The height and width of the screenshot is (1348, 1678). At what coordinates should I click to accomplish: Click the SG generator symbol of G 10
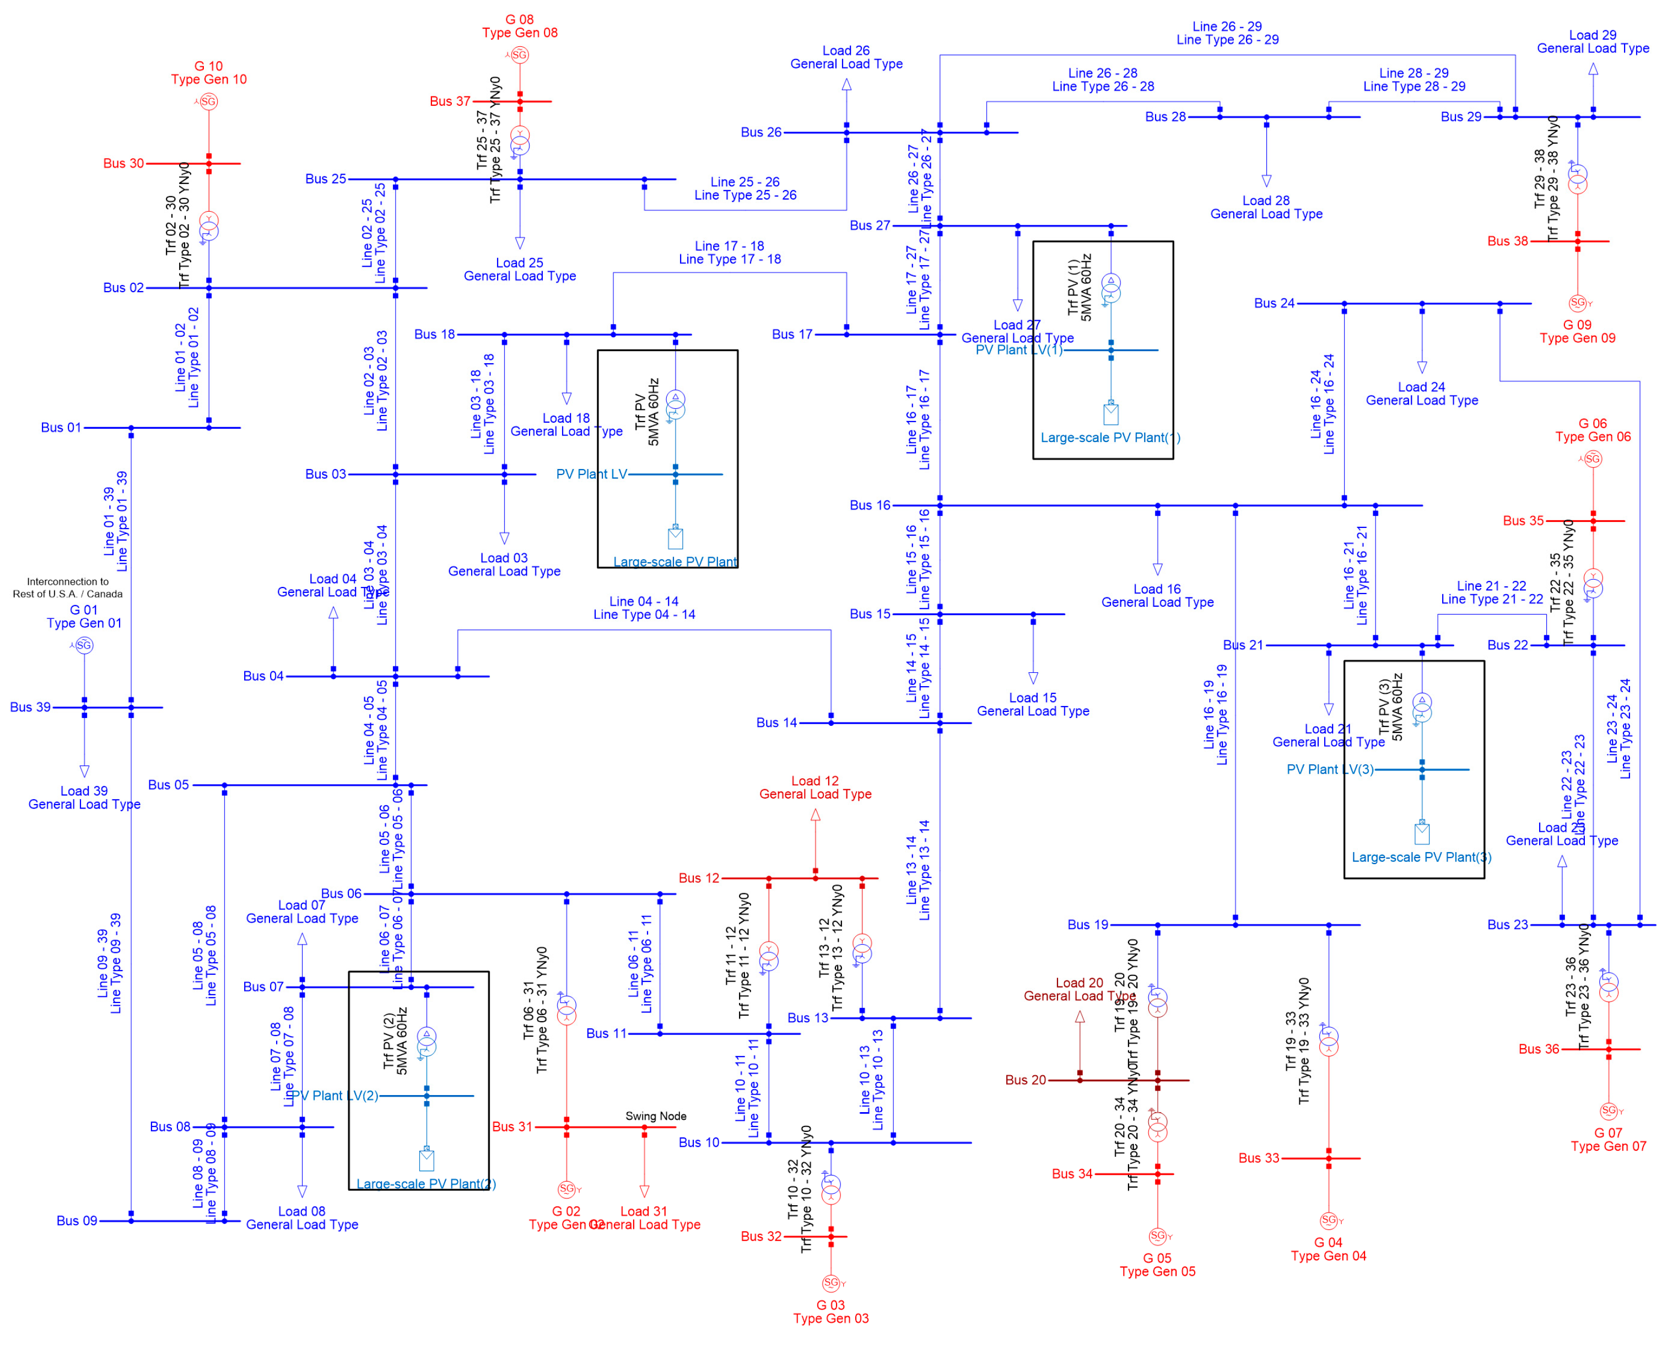[x=209, y=101]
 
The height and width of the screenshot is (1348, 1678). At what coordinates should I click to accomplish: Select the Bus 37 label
[x=450, y=101]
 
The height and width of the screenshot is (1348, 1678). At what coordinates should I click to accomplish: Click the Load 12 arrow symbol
[x=815, y=815]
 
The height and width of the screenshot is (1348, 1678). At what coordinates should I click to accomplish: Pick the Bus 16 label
[x=870, y=505]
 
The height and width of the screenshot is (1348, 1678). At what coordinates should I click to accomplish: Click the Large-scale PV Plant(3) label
[x=1421, y=857]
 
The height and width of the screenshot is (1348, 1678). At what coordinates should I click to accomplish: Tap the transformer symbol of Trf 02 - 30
[x=209, y=227]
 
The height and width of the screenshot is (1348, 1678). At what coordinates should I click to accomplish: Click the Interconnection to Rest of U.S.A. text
[x=68, y=587]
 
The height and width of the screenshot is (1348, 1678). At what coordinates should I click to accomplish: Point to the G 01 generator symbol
[x=84, y=645]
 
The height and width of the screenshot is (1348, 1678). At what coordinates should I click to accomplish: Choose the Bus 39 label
[x=30, y=707]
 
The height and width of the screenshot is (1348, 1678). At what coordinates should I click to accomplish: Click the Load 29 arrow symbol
[x=1593, y=69]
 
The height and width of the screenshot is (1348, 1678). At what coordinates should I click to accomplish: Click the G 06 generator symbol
[x=1593, y=459]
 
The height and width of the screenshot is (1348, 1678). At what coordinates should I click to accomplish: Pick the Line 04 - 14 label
[x=644, y=608]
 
